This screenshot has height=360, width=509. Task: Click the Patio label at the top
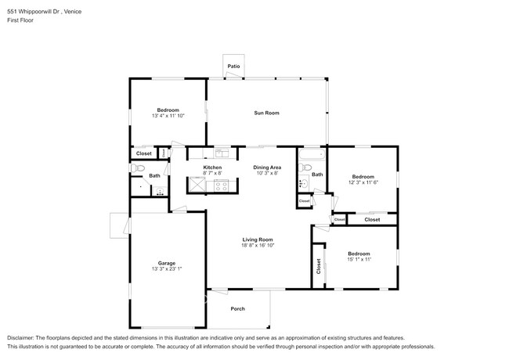[x=233, y=67]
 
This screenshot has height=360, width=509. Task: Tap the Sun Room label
[x=266, y=113]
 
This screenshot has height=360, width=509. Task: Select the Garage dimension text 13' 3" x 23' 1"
[x=166, y=268]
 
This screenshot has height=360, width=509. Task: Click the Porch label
[x=237, y=308]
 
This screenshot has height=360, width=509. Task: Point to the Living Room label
[x=258, y=239]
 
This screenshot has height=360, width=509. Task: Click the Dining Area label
[x=267, y=167]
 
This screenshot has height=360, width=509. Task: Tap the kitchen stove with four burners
[x=221, y=185]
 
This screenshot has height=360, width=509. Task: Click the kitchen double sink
[x=222, y=153]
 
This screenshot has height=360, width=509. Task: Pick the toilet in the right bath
[x=302, y=184]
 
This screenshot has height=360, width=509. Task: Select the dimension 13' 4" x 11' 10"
[x=168, y=116]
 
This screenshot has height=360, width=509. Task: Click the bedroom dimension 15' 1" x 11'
[x=359, y=260]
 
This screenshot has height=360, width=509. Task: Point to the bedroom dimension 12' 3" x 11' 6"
[x=363, y=182]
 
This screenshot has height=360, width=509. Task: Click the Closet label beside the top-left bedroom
[x=144, y=153]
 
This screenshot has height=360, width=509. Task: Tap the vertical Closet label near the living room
[x=319, y=266]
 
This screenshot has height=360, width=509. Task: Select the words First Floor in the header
[x=20, y=21]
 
